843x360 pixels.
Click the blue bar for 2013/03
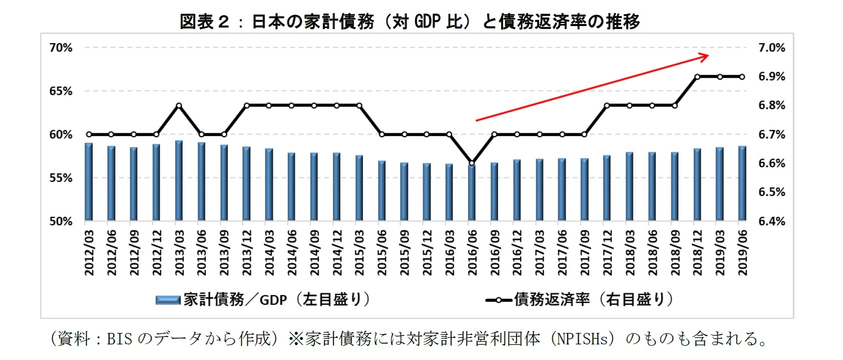coord(179,181)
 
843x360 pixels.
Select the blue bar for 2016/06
coord(472,192)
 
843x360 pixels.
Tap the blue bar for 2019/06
coord(742,183)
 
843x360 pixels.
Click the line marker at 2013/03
coord(179,106)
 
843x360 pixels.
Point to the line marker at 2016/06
coord(472,163)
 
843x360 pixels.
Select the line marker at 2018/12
coord(697,77)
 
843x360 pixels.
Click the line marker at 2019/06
coord(742,77)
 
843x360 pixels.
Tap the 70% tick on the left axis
coord(61,48)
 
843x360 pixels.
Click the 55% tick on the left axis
coord(61,178)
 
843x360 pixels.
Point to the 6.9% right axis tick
coord(771,77)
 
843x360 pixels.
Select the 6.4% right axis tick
coord(771,221)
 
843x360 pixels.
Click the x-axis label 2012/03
coord(89,252)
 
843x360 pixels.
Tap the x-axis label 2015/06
coord(382,252)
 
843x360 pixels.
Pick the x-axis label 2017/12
coord(607,252)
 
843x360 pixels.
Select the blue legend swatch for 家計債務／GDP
coord(168,300)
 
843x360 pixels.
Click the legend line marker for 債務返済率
coord(499,300)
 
